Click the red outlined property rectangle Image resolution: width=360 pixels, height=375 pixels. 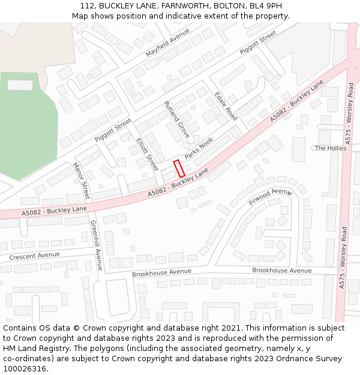pyautogui.click(x=179, y=169)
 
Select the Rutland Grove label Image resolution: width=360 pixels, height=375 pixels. pyautogui.click(x=176, y=119)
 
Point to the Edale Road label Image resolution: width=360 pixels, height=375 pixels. pyautogui.click(x=226, y=106)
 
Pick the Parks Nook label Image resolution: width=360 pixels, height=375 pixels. pyautogui.click(x=199, y=148)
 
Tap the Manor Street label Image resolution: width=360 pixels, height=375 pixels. pyautogui.click(x=81, y=181)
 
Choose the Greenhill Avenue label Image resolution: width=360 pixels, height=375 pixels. pyautogui.click(x=96, y=245)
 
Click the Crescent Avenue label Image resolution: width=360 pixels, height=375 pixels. pyautogui.click(x=34, y=256)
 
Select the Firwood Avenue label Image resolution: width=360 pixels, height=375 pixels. pyautogui.click(x=270, y=196)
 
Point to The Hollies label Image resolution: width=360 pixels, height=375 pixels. pyautogui.click(x=331, y=148)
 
